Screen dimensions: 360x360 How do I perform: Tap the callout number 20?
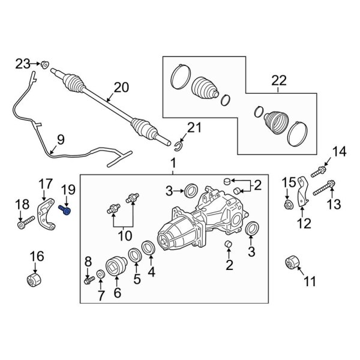(x=121, y=88)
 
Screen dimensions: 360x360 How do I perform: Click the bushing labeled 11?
(x=293, y=263)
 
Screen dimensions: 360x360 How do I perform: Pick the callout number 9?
(x=59, y=141)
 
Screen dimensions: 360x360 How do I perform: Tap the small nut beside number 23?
(x=45, y=62)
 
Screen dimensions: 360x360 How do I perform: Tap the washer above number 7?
(x=100, y=274)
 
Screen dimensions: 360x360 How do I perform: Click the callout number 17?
(x=46, y=183)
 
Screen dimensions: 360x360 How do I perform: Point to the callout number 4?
(x=151, y=272)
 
